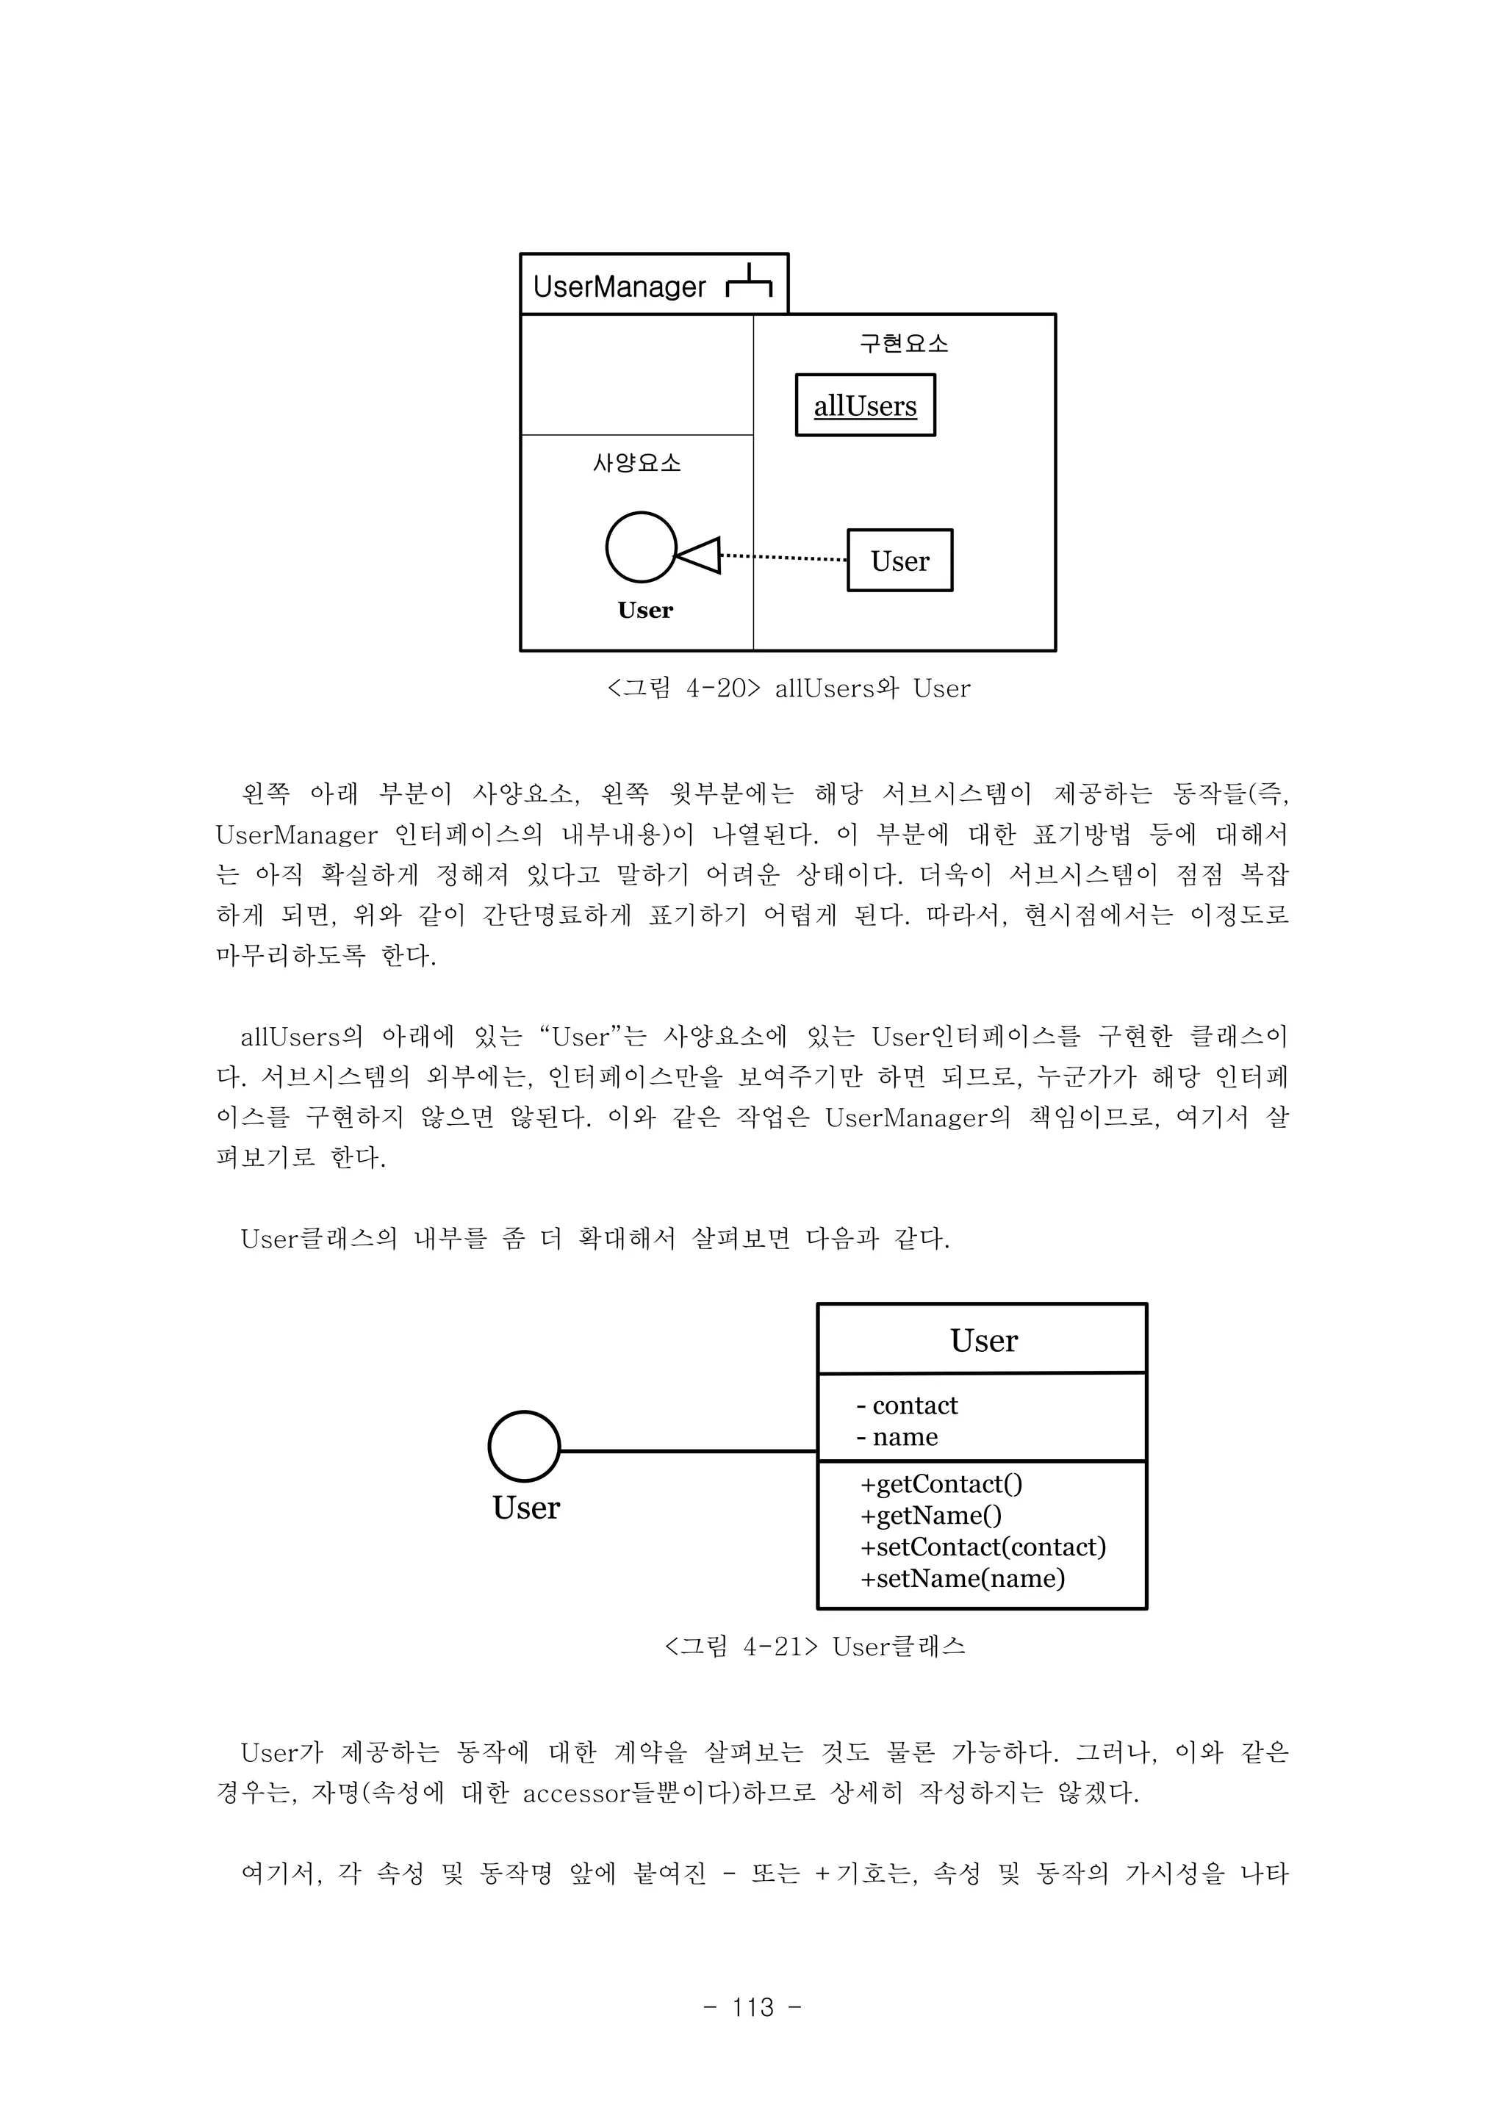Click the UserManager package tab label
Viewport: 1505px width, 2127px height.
tap(619, 287)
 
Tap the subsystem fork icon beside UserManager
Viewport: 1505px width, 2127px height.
tap(749, 284)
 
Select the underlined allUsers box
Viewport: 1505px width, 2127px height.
tap(866, 406)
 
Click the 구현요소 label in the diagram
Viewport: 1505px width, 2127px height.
tap(904, 345)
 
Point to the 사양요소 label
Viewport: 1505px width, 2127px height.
tap(636, 463)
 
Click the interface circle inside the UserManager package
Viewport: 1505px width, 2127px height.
tap(640, 547)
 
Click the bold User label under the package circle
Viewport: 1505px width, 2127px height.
tap(645, 611)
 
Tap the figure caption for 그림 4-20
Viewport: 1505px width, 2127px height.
tap(789, 688)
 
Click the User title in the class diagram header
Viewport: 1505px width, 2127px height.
tap(983, 1341)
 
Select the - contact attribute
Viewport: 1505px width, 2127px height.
tap(908, 1406)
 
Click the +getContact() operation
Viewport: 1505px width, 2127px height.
tap(941, 1484)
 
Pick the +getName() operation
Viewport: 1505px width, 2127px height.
tap(930, 1516)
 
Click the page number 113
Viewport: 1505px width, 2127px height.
tap(752, 2007)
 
